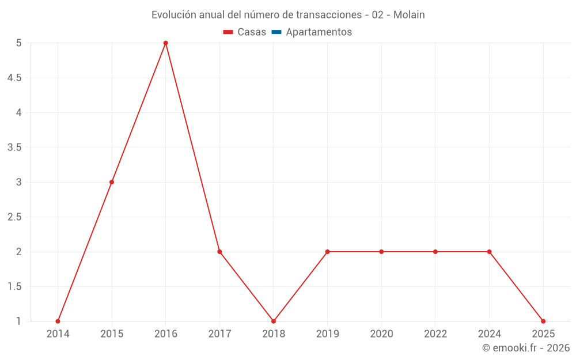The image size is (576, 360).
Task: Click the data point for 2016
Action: (x=165, y=43)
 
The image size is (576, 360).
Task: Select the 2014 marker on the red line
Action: (x=58, y=321)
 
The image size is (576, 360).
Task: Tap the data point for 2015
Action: (x=112, y=182)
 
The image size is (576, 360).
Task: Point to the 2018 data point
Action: (x=274, y=321)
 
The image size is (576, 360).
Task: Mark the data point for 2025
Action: (x=543, y=321)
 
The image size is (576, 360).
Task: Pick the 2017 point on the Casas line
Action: (x=219, y=252)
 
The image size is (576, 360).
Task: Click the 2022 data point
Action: (x=435, y=252)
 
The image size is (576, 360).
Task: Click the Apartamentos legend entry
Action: (x=319, y=32)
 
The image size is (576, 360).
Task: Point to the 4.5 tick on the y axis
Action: (x=14, y=78)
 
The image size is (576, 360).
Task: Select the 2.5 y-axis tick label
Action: (x=14, y=217)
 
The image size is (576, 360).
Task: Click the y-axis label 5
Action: (x=19, y=43)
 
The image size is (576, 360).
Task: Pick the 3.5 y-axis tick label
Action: (x=14, y=147)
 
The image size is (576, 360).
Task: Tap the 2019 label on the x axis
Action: (x=327, y=334)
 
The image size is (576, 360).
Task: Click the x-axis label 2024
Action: (x=489, y=334)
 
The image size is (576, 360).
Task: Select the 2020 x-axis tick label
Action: (x=381, y=334)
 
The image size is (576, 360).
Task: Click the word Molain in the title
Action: (x=409, y=15)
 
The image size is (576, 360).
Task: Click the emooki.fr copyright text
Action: (x=526, y=348)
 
